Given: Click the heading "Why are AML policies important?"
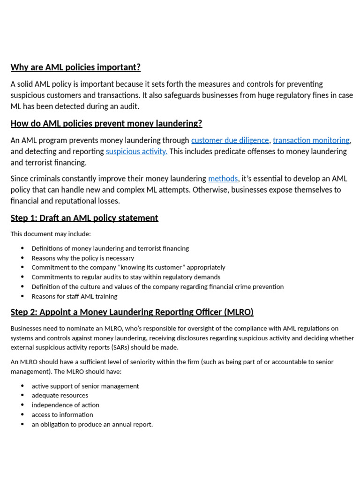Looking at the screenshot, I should point(75,67).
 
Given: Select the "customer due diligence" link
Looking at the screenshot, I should point(230,140).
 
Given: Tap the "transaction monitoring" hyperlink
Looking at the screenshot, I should point(311,140).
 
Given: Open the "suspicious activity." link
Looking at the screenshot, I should point(136,151).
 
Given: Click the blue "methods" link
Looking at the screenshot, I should point(223,179).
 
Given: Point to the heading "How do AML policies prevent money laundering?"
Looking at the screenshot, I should point(106,123).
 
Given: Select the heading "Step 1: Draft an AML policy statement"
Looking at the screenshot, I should point(84,218).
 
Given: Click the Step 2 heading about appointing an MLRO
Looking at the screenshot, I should point(132,312).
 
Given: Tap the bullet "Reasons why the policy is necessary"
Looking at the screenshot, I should point(82,258).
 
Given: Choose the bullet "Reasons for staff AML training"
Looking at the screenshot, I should point(75,296).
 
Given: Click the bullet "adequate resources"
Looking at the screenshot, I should point(60,395).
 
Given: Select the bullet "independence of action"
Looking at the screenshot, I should point(65,405).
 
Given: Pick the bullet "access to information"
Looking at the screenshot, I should point(62,414).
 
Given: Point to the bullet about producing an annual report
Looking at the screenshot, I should point(92,424).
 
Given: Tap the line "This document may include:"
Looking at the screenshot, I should point(51,234).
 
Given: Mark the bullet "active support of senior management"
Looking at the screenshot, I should point(85,386).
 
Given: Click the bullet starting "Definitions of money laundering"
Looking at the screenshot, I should point(110,248).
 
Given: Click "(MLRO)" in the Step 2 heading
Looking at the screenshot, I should point(238,312).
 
